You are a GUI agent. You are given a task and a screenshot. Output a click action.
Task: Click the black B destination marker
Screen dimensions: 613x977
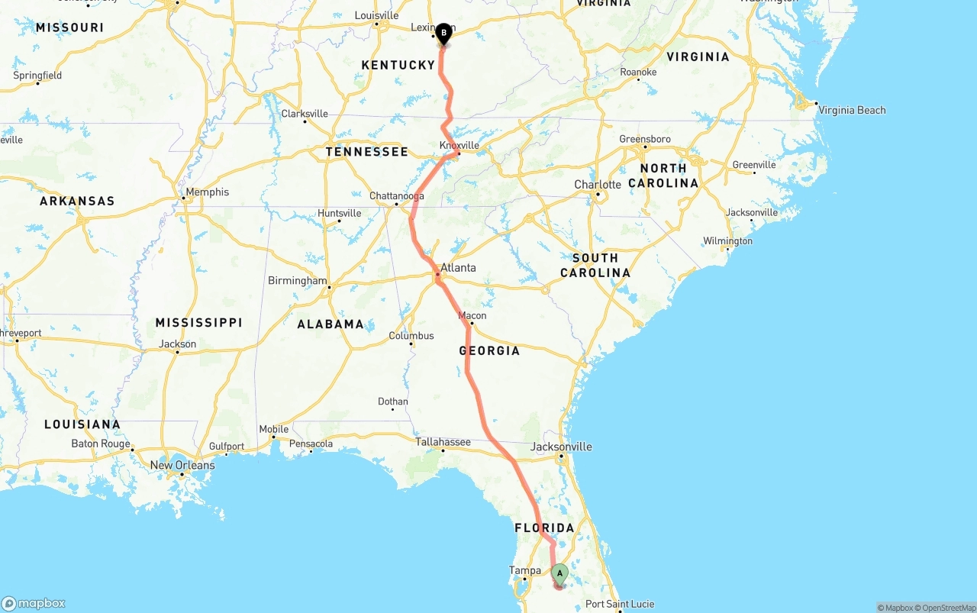[443, 34]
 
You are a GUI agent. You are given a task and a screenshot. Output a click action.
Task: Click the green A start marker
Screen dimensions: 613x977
[559, 573]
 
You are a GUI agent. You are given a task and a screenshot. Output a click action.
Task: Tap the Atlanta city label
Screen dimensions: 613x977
[458, 268]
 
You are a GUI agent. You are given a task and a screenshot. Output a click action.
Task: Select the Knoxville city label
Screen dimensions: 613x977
[459, 145]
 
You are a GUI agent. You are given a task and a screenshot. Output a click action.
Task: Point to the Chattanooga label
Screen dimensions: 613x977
[396, 196]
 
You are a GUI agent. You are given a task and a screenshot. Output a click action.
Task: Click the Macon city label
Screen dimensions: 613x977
[472, 315]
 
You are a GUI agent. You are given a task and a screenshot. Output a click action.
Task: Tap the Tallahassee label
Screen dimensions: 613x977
[443, 442]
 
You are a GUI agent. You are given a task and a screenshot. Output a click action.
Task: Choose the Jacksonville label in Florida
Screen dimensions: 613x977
[561, 447]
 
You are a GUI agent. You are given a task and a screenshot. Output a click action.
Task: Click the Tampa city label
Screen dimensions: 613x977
[525, 570]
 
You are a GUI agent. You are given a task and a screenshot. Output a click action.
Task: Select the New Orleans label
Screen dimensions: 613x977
[182, 465]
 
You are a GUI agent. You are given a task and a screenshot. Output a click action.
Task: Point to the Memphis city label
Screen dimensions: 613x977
[207, 192]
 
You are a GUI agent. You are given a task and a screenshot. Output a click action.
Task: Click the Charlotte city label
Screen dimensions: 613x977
[598, 185]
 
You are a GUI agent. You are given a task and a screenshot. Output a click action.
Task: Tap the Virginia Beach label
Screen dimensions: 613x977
[852, 110]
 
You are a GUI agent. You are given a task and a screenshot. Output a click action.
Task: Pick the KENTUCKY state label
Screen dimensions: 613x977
[398, 65]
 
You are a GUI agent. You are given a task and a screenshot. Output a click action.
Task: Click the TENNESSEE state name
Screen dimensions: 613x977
[367, 151]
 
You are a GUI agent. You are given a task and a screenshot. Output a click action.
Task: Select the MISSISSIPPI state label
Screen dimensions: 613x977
[198, 322]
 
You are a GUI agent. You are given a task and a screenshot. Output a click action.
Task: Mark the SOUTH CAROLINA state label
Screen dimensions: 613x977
[595, 265]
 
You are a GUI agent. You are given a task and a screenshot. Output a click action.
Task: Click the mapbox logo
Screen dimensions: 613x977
[34, 603]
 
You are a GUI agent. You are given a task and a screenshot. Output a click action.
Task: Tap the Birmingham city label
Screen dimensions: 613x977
[297, 281]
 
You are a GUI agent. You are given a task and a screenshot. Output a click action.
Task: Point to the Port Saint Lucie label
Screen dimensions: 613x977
[620, 605]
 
